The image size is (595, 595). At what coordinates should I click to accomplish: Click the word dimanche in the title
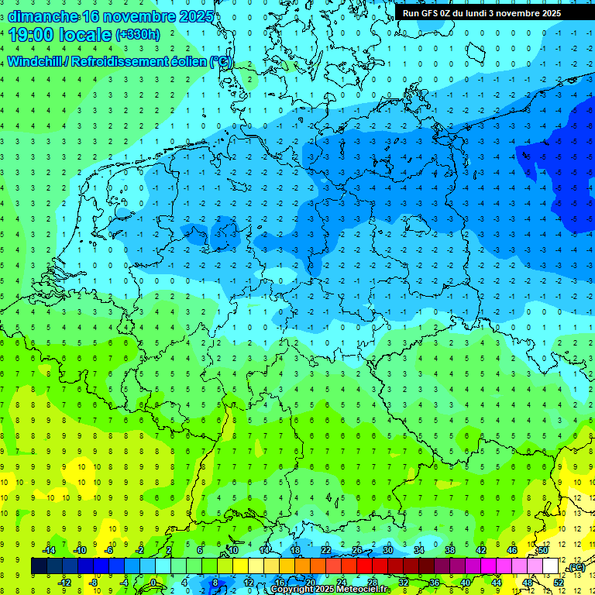[x=43, y=15]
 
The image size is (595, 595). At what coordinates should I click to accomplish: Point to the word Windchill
[x=40, y=61]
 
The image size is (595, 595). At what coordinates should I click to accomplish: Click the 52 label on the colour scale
[x=559, y=582]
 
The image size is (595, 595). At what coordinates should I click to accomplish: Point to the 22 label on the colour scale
[x=326, y=550]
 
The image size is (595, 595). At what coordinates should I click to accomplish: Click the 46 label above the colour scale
[x=512, y=550]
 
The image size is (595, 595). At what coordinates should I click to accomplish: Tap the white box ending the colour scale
[x=551, y=566]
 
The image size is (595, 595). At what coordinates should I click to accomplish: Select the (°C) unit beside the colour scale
[x=576, y=567]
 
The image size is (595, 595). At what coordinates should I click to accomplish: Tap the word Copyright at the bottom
[x=291, y=590]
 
